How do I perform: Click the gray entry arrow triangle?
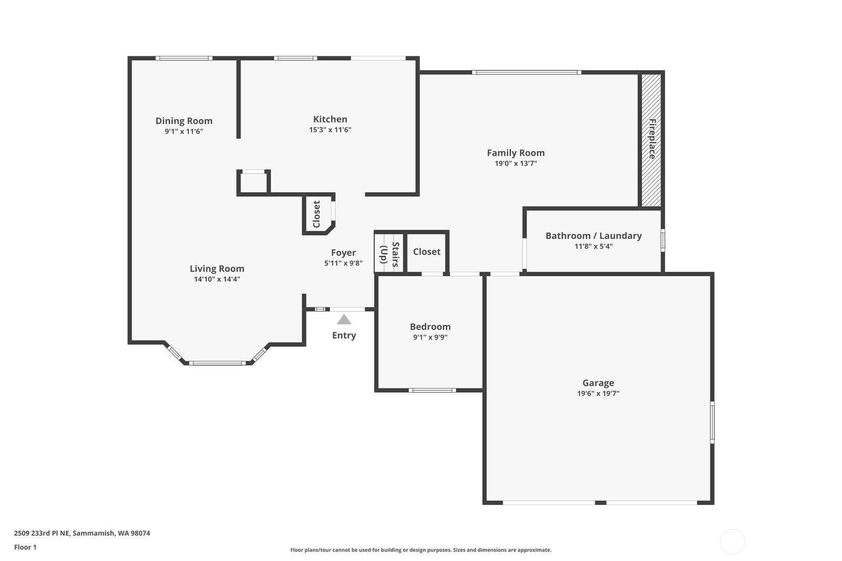[x=344, y=319]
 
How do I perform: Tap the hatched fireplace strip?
[x=651, y=140]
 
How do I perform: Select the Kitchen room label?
[x=330, y=119]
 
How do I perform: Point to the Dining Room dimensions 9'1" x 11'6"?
[x=184, y=131]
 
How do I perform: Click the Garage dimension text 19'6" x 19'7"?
[x=598, y=393]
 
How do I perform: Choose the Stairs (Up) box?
[x=389, y=252]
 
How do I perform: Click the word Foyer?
[x=343, y=253]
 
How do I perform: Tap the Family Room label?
[x=516, y=153]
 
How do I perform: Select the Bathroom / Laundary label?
[x=594, y=236]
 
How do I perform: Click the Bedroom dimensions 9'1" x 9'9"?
[x=430, y=337]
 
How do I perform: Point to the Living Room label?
[x=217, y=268]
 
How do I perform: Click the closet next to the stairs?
[x=427, y=252]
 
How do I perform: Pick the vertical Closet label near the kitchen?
[x=316, y=214]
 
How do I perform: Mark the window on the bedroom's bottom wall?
[x=432, y=390]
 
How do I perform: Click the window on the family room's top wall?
[x=527, y=72]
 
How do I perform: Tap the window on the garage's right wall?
[x=712, y=422]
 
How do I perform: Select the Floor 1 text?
[x=25, y=547]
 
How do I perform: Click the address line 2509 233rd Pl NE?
[x=42, y=533]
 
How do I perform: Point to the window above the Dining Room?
[x=184, y=58]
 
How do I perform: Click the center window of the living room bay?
[x=217, y=363]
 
